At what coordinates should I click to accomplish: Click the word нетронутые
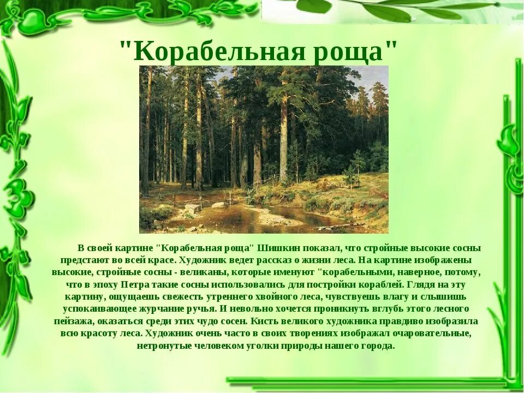click(160, 346)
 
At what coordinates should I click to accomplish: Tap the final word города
click(376, 346)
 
